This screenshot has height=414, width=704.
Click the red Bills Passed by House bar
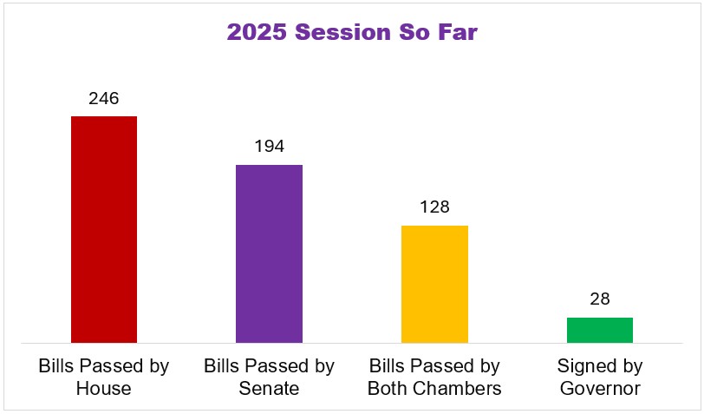104,229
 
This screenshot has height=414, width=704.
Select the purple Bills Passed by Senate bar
270,253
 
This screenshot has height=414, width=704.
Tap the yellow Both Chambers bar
434,284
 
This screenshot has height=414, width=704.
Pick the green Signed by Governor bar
600,331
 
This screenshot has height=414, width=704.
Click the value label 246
104,98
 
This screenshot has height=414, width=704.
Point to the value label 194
270,146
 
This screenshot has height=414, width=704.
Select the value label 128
434,207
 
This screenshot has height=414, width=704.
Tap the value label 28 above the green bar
600,299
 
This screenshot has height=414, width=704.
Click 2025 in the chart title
257,32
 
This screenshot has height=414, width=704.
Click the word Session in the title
343,32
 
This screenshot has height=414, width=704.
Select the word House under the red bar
104,388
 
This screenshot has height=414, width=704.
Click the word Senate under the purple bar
269,388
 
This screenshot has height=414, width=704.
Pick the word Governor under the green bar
600,388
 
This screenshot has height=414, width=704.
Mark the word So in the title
414,32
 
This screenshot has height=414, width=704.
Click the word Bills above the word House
54,366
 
